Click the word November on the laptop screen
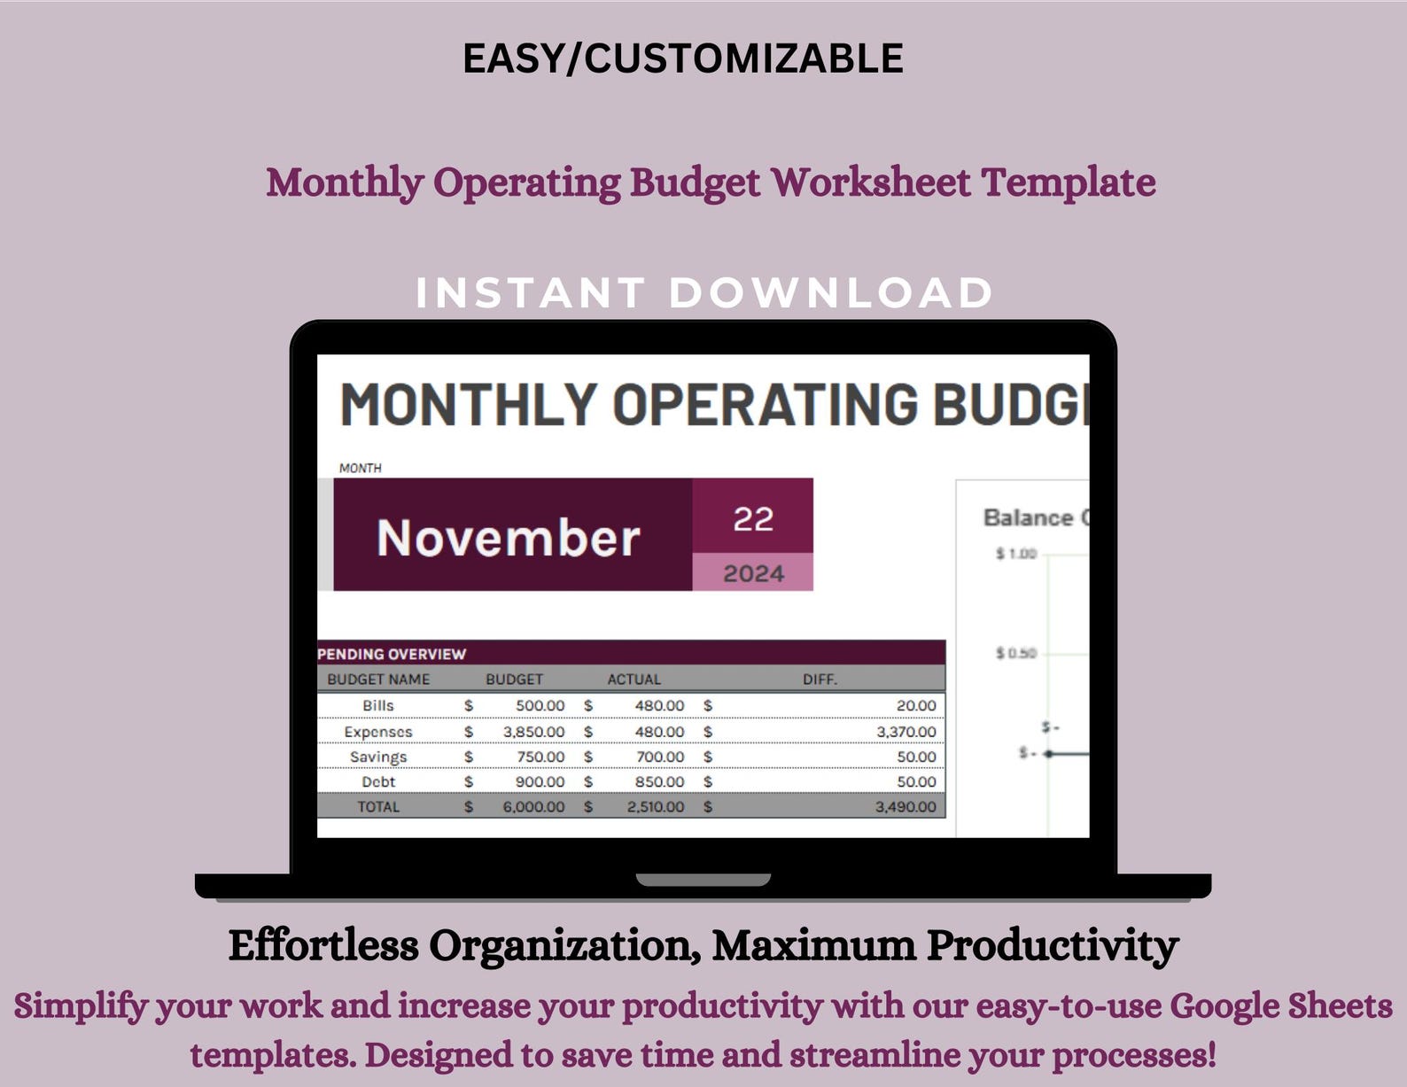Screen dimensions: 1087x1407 tap(508, 537)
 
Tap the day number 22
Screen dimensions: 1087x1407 tap(753, 518)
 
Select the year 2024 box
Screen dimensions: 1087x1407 tap(753, 573)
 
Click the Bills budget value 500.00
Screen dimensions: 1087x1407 tap(540, 705)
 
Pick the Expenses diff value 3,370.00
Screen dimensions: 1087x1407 tap(906, 732)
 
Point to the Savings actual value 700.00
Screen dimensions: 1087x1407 tap(660, 757)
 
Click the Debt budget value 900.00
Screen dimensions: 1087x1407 tap(540, 781)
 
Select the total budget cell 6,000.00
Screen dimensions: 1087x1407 tap(533, 806)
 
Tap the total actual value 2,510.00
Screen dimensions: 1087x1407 tap(656, 806)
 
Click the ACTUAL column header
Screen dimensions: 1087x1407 tap(634, 679)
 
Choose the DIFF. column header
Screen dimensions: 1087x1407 tap(820, 679)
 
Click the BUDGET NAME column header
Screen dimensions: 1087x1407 tap(378, 679)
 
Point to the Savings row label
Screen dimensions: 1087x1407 tap(378, 757)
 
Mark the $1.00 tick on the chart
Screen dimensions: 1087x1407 tap(1015, 554)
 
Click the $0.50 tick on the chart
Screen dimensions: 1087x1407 tap(1015, 653)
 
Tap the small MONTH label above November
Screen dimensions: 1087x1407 tap(360, 468)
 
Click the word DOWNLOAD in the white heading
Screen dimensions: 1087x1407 tap(830, 293)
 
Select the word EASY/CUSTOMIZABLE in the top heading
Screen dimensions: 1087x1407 tap(683, 58)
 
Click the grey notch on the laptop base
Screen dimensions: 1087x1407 tap(703, 880)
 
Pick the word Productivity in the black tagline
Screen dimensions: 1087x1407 tap(1053, 945)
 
